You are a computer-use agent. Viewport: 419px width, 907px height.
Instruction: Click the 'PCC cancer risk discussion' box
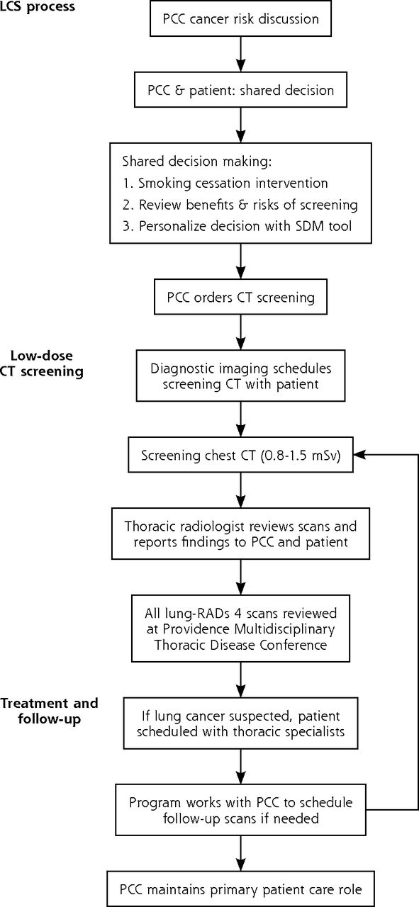coord(241,18)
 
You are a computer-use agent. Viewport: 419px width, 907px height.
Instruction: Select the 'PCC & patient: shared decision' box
coord(241,89)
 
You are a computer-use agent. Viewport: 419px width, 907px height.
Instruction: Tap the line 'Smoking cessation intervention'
coord(225,183)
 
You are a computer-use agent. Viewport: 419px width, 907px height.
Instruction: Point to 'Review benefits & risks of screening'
coord(240,205)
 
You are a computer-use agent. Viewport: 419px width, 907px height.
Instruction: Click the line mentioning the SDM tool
coord(237,226)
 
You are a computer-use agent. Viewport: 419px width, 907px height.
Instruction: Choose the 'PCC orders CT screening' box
coord(241,297)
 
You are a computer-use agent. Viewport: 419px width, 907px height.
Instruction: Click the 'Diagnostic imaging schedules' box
coord(241,376)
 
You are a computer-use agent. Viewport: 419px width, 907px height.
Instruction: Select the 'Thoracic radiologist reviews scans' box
coord(241,534)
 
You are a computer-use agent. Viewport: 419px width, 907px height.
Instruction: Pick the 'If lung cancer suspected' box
coord(241,723)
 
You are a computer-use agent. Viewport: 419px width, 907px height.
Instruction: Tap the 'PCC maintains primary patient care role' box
coord(241,889)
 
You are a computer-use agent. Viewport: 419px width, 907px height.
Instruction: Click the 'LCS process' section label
coord(38,7)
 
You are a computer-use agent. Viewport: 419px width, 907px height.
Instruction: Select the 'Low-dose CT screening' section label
coord(42,364)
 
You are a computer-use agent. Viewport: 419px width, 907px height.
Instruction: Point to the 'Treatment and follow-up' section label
coord(49,711)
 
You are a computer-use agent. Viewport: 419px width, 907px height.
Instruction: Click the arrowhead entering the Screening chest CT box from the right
coord(359,455)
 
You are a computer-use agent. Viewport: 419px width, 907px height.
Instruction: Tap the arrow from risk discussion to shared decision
coord(241,55)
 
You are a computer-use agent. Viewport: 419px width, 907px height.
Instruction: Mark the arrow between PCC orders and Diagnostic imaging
coord(241,332)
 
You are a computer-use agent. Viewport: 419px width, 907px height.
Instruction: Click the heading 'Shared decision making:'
coord(197,161)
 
